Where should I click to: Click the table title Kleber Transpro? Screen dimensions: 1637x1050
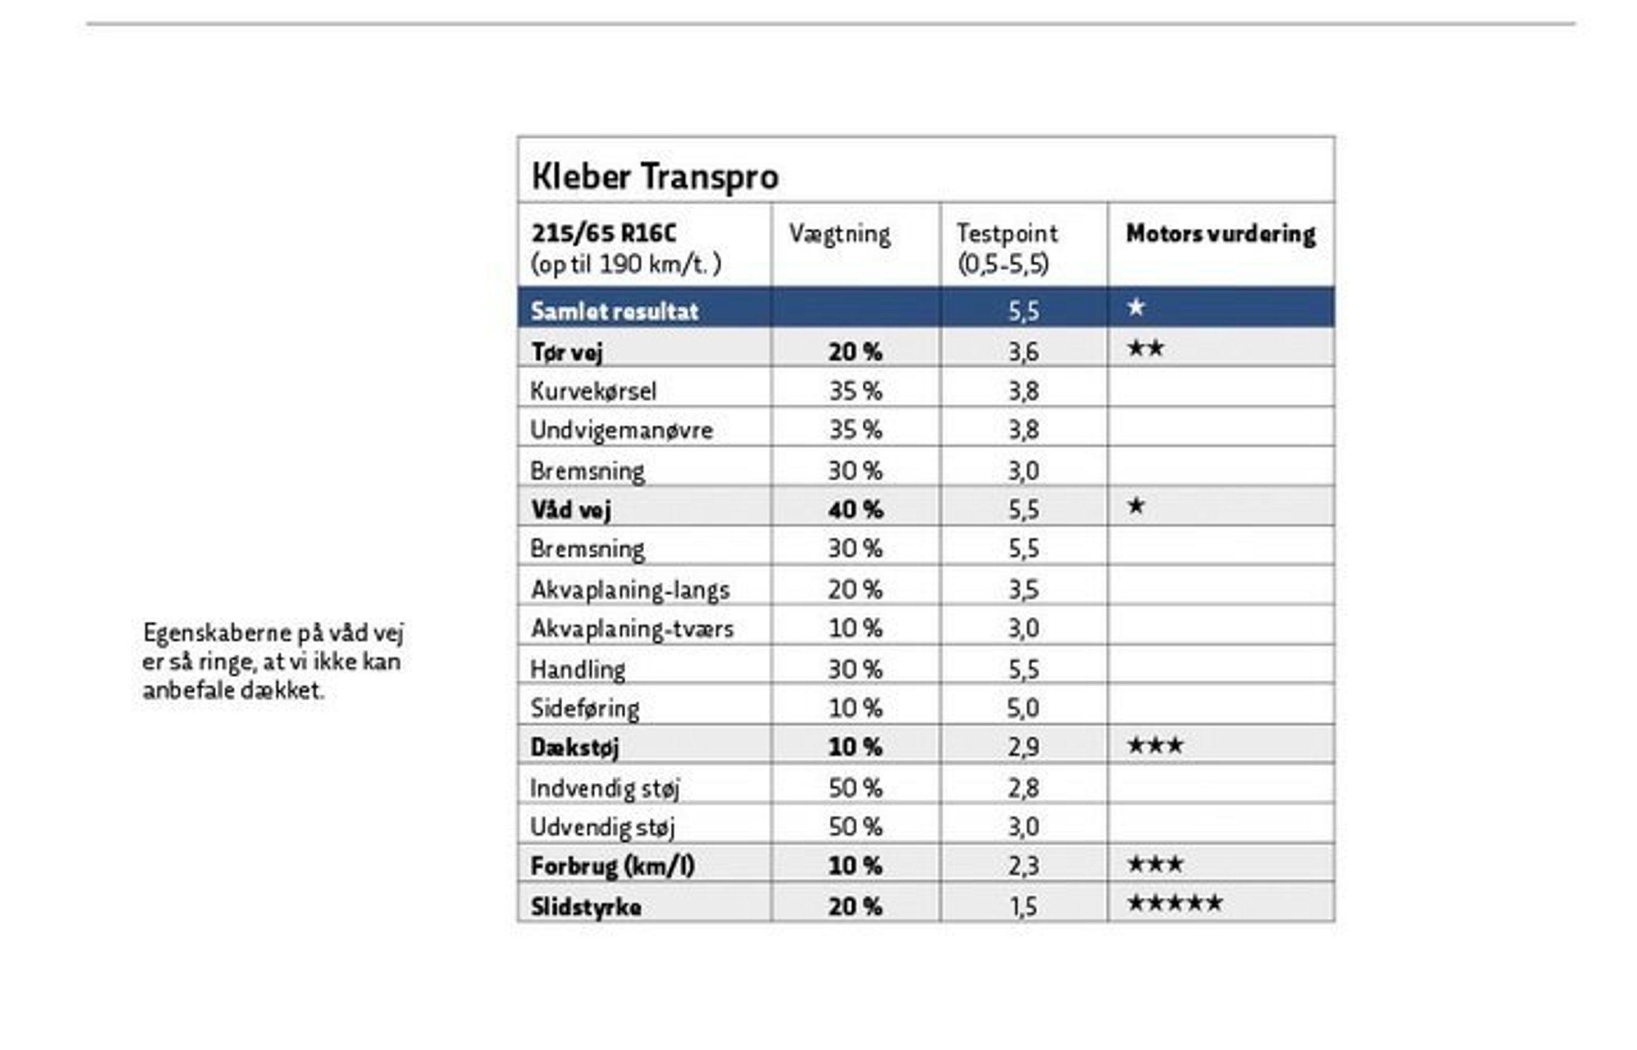pyautogui.click(x=655, y=176)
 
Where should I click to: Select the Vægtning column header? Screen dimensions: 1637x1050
pyautogui.click(x=839, y=234)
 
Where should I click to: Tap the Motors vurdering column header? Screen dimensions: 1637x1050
pyautogui.click(x=1220, y=234)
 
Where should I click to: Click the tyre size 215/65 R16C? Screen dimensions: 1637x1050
pyautogui.click(x=603, y=234)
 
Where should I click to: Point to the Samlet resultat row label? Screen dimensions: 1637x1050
pyautogui.click(x=614, y=311)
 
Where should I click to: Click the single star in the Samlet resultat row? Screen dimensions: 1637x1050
pyautogui.click(x=1135, y=307)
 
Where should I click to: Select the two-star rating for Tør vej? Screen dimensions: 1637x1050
pyautogui.click(x=1145, y=349)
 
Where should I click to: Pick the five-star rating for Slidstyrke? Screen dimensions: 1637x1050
pyautogui.click(x=1175, y=904)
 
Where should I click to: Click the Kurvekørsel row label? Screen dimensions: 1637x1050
pyautogui.click(x=593, y=390)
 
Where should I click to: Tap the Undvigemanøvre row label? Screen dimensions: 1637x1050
pyautogui.click(x=621, y=430)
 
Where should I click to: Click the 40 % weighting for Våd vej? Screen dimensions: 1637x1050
pyautogui.click(x=856, y=510)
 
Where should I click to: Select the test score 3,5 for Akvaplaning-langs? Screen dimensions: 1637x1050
pyautogui.click(x=1023, y=589)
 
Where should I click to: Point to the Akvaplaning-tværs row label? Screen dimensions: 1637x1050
pyautogui.click(x=631, y=628)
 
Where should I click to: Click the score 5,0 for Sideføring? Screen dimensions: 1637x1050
pyautogui.click(x=1023, y=707)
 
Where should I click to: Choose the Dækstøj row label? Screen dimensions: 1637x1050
pyautogui.click(x=574, y=748)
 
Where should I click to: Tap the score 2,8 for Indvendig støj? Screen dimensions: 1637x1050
pyautogui.click(x=1023, y=788)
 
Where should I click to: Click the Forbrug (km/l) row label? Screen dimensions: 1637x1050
pyautogui.click(x=612, y=866)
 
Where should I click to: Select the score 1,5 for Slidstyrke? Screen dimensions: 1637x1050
pyautogui.click(x=1023, y=906)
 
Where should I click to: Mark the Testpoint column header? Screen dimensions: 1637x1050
pyautogui.click(x=1007, y=234)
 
